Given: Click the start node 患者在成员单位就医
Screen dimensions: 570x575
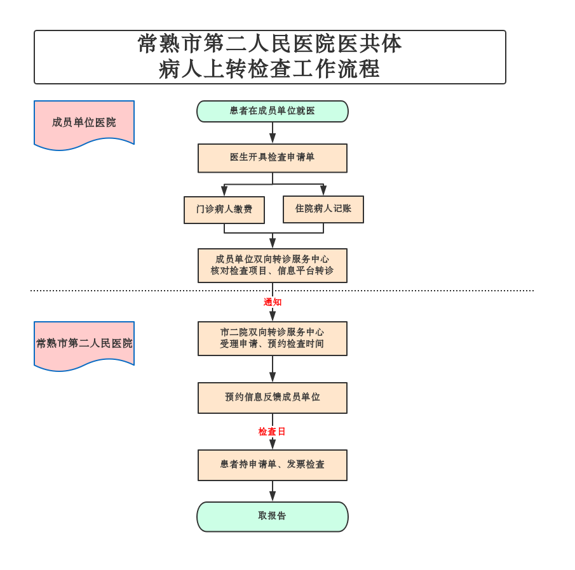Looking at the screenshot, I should [x=273, y=111].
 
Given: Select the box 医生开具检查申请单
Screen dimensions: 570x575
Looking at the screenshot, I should [x=273, y=158].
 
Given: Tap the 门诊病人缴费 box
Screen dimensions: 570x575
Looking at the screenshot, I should [x=224, y=210].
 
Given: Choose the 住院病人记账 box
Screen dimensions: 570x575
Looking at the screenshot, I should [x=323, y=209].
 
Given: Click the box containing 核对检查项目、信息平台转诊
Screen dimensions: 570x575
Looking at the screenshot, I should [x=273, y=265].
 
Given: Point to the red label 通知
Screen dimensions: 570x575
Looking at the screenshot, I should [x=273, y=302].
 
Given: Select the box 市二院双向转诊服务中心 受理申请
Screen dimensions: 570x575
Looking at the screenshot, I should [x=273, y=338].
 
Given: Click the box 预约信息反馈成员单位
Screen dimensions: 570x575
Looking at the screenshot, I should [x=273, y=398].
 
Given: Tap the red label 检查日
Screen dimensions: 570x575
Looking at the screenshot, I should [x=272, y=432].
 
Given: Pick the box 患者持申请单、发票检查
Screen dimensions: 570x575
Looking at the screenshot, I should [x=273, y=465].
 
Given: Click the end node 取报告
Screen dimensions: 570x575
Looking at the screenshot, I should [x=273, y=517].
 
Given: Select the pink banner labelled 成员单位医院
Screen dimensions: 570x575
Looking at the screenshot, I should [x=84, y=123].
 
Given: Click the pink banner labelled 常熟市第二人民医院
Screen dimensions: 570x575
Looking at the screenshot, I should [x=84, y=343].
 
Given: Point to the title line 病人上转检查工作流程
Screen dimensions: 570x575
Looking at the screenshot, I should [x=269, y=69].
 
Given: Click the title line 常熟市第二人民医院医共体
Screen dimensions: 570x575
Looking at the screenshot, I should [x=269, y=44].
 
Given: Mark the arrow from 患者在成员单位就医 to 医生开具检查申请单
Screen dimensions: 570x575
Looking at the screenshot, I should [x=273, y=133].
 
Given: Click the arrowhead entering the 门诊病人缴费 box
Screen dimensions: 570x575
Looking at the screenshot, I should [x=224, y=191].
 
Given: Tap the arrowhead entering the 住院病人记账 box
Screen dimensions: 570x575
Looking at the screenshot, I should [x=323, y=190].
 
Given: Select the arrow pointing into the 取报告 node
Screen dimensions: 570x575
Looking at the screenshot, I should [x=273, y=491].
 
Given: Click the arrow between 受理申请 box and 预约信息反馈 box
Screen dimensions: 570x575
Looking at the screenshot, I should [x=273, y=369].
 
